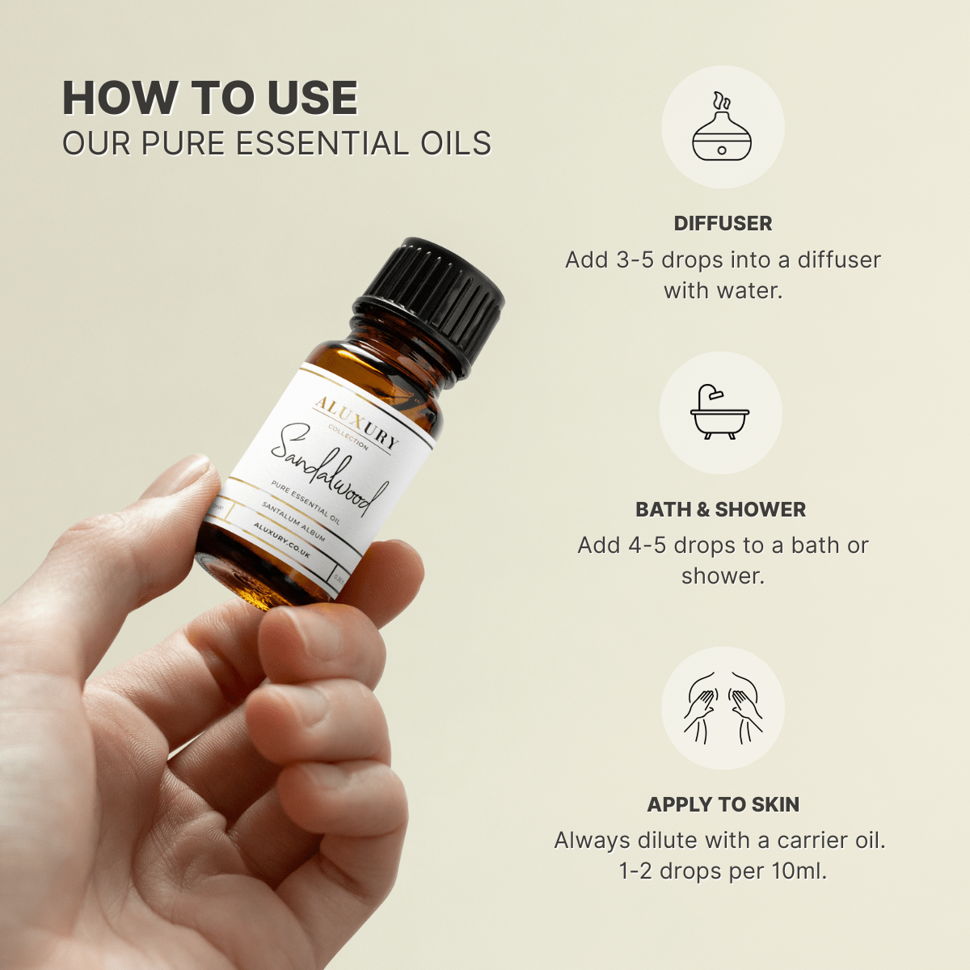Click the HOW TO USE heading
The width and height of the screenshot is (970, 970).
[209, 99]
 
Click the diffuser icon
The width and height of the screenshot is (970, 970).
[722, 128]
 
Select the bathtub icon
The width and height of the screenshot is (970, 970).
[720, 413]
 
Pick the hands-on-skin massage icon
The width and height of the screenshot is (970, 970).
[723, 707]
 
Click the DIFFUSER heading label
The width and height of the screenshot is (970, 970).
[723, 224]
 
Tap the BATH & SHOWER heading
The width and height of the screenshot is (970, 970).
[720, 510]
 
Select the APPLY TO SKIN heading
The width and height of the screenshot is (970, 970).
[723, 805]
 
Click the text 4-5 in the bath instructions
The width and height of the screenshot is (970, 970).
[647, 546]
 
